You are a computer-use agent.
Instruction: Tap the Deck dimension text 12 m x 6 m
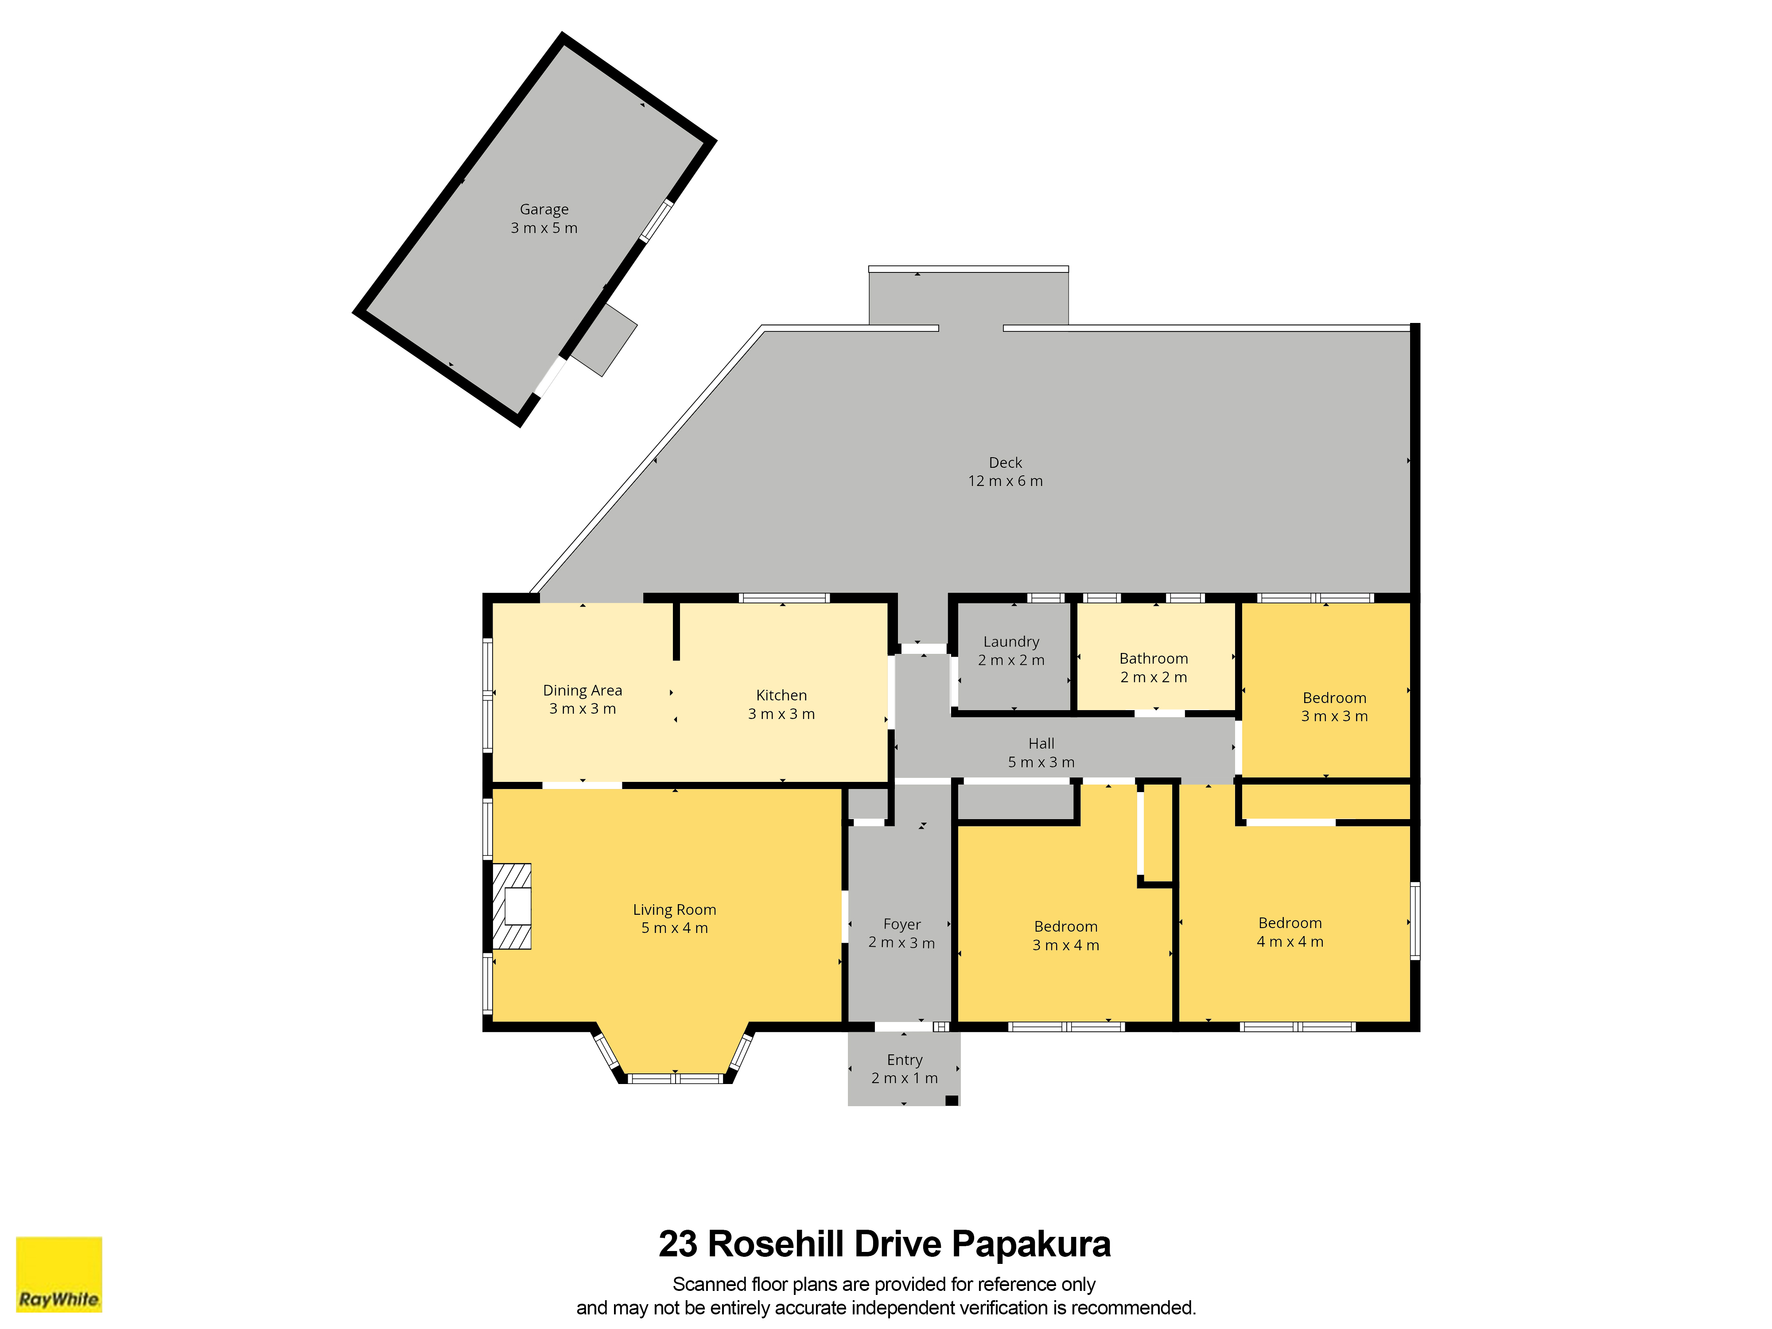pyautogui.click(x=1005, y=481)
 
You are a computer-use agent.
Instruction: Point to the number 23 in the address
pyautogui.click(x=678, y=1244)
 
